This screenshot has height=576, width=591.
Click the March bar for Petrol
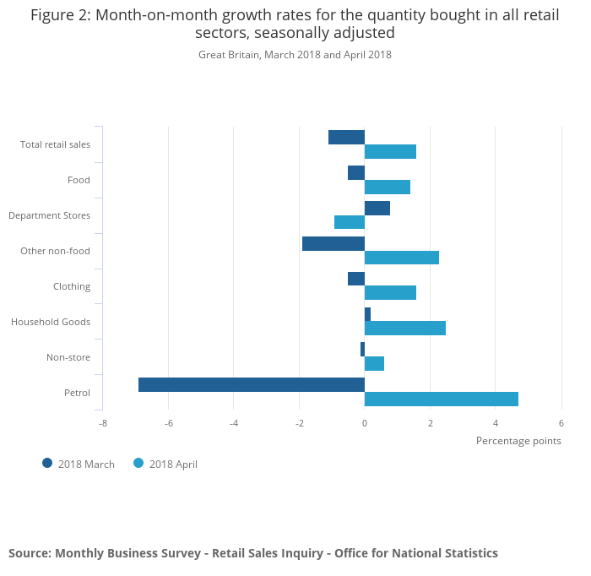252,384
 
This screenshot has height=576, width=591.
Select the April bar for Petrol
442,399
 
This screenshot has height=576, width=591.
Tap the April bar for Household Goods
405,328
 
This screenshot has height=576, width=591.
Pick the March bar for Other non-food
333,243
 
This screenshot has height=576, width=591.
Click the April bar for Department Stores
350,222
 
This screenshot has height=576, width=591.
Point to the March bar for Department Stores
377,208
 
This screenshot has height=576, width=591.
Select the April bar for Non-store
374,363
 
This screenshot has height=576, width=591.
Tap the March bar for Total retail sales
346,137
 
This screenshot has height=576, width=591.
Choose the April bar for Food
388,187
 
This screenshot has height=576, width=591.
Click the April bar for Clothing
390,292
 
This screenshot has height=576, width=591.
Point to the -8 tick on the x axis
103,424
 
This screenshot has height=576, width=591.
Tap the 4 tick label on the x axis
496,424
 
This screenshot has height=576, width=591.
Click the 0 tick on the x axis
365,424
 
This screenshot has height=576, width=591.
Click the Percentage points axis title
518,440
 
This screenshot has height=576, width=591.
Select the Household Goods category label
51,322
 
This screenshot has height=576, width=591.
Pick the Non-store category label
68,357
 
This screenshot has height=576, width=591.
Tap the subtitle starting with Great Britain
295,55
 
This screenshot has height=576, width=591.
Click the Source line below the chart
253,553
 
